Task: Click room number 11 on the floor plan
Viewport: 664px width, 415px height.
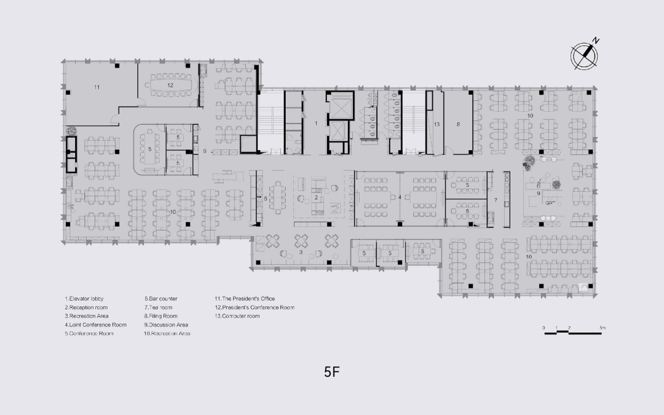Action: (x=97, y=87)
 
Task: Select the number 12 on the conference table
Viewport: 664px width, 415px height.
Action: (x=170, y=84)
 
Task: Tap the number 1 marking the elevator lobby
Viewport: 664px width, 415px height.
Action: (x=316, y=124)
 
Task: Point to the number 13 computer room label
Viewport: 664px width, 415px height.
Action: (x=437, y=124)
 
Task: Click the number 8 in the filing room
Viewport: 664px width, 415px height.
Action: (x=458, y=124)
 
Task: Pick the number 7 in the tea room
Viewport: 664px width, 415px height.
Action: (x=495, y=201)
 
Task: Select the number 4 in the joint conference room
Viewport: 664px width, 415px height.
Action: (x=400, y=197)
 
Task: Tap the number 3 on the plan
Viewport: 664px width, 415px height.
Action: (x=301, y=252)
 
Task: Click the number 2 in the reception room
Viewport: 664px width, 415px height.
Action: (x=315, y=197)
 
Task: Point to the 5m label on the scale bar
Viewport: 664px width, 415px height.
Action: (x=603, y=328)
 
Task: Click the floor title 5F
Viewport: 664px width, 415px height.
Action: (x=332, y=371)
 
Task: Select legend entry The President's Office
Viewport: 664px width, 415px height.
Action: (x=244, y=299)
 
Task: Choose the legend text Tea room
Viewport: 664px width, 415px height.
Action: (x=159, y=307)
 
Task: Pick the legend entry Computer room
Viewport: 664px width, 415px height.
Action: (x=237, y=316)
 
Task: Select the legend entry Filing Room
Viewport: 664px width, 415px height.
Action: (x=161, y=316)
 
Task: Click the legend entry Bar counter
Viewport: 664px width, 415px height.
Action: (x=161, y=299)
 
